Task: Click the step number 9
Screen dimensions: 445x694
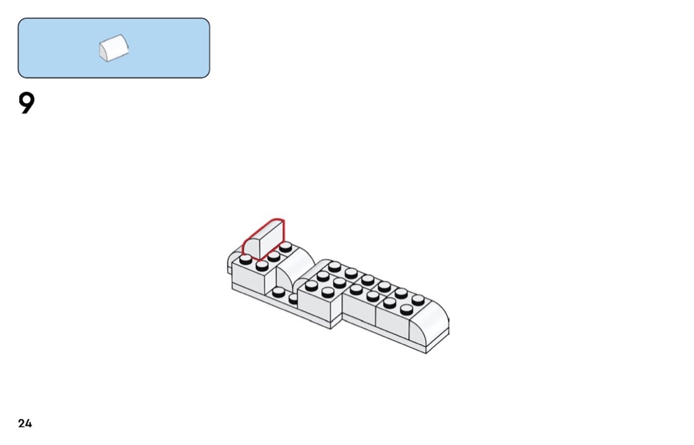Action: point(26,104)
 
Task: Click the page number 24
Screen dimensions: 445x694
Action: point(25,424)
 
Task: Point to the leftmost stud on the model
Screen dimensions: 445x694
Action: point(246,260)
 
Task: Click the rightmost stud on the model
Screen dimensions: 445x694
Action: point(418,300)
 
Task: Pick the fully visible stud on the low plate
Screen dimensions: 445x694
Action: point(278,291)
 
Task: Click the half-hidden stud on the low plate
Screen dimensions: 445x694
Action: point(293,298)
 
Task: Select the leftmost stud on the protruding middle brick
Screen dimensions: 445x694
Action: point(311,285)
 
